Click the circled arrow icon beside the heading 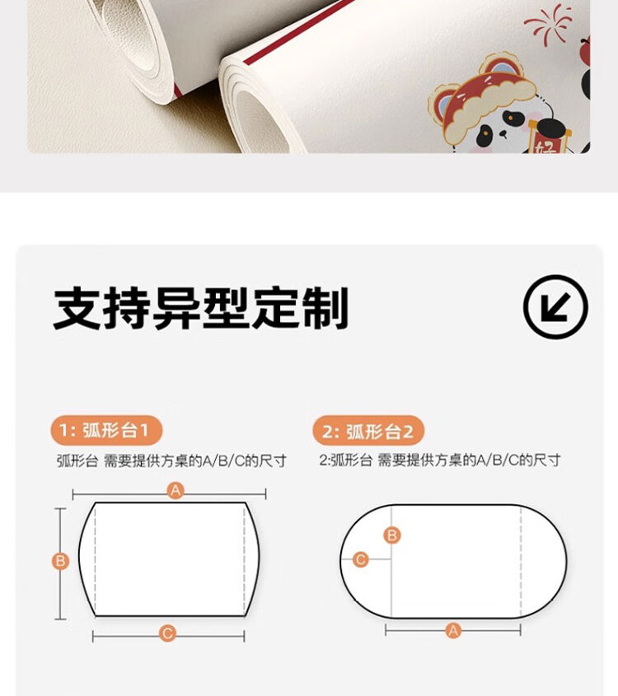point(555,306)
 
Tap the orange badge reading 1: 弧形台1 point(106,430)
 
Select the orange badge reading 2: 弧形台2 point(368,431)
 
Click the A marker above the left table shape point(176,490)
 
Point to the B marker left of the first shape point(60,561)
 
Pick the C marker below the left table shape point(167,633)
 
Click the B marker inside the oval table point(392,535)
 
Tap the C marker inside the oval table point(361,559)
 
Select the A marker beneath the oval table point(453,630)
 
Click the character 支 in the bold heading point(77,308)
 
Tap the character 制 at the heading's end point(325,308)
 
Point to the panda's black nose point(503,133)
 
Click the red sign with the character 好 point(546,142)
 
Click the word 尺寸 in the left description point(273,461)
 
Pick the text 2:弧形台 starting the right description point(345,460)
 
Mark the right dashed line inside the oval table point(521,562)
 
